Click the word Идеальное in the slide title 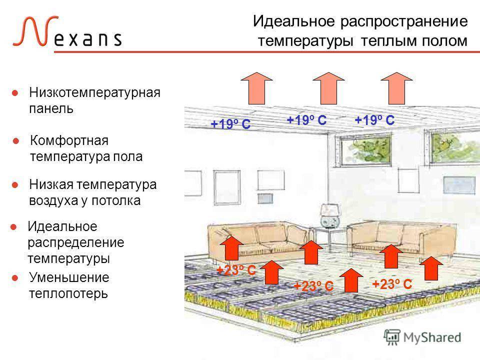(x=294, y=21)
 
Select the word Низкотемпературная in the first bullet (x=94, y=92)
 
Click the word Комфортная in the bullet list (x=69, y=140)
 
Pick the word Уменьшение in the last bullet (x=69, y=277)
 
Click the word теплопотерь (x=68, y=293)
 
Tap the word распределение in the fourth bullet (x=76, y=243)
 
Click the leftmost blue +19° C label (x=230, y=124)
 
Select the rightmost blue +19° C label (x=374, y=120)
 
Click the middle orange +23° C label (x=313, y=286)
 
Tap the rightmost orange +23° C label (x=392, y=284)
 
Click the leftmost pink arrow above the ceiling (x=256, y=88)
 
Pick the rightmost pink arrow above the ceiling (x=396, y=88)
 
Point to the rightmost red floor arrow (x=431, y=268)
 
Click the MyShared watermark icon (x=392, y=337)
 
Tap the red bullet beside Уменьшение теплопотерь (x=14, y=278)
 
